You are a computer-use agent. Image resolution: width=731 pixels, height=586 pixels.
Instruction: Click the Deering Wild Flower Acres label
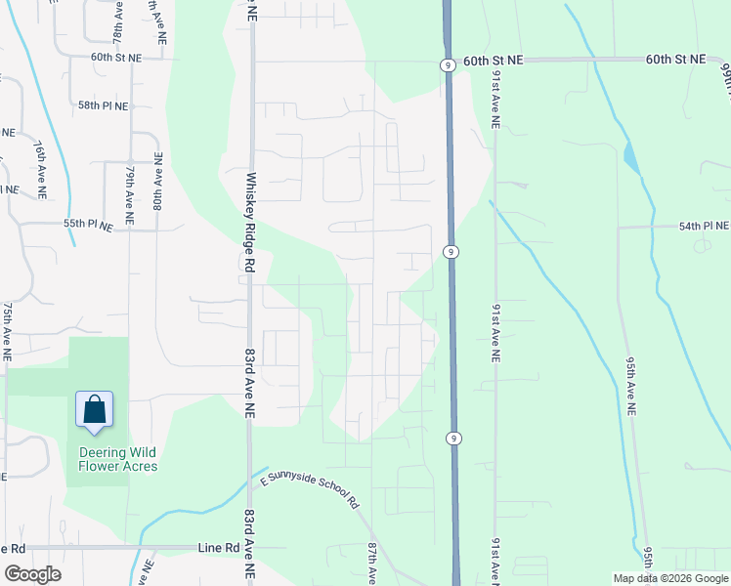pos(118,459)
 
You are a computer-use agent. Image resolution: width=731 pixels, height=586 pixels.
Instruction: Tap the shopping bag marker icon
pos(95,409)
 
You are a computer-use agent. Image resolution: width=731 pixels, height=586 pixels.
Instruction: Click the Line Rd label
pos(218,549)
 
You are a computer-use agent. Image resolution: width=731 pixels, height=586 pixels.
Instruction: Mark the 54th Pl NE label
pos(704,227)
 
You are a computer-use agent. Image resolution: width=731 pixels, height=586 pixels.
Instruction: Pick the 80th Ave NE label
pos(157,181)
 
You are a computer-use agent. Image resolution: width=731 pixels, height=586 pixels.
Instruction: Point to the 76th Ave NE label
pos(40,169)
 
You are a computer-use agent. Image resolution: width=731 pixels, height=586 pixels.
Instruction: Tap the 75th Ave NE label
pos(7,332)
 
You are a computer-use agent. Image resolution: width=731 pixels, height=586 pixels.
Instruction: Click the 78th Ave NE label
pos(117,21)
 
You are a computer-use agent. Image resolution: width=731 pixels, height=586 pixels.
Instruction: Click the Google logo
pos(33,574)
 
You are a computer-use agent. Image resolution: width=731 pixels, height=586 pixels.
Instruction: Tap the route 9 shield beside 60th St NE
pos(446,65)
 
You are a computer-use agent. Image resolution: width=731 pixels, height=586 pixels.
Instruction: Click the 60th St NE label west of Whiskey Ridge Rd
pos(116,58)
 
